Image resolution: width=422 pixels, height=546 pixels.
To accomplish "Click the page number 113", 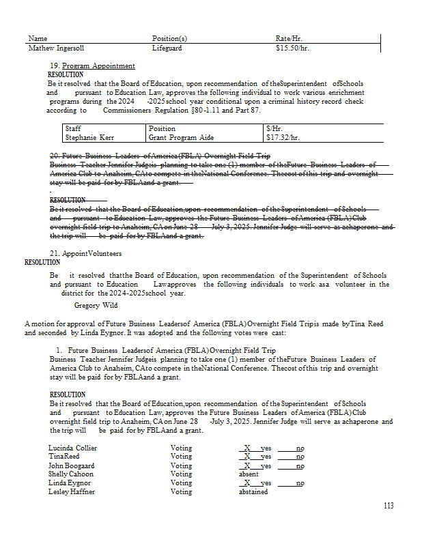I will (389, 506).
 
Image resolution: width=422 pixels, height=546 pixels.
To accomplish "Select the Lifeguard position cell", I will (167, 49).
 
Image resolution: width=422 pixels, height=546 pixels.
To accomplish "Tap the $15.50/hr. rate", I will (292, 49).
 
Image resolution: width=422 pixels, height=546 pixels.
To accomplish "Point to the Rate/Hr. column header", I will (289, 39).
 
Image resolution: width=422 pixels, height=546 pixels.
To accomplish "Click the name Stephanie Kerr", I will (89, 138).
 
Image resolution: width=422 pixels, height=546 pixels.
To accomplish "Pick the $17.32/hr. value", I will (283, 138).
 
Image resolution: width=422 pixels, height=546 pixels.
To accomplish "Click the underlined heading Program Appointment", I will (98, 66).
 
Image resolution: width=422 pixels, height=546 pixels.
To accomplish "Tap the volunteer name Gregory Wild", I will (96, 306).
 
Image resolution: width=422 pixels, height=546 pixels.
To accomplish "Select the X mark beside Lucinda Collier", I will (247, 448).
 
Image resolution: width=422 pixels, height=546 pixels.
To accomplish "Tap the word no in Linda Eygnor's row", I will (300, 483).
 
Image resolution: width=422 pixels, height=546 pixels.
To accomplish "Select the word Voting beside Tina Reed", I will (181, 457).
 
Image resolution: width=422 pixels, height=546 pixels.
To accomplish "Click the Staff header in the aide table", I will (73, 128).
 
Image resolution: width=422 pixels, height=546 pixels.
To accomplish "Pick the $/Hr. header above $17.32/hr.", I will (275, 128).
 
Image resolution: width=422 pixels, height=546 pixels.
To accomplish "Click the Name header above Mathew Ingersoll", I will (38, 39).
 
